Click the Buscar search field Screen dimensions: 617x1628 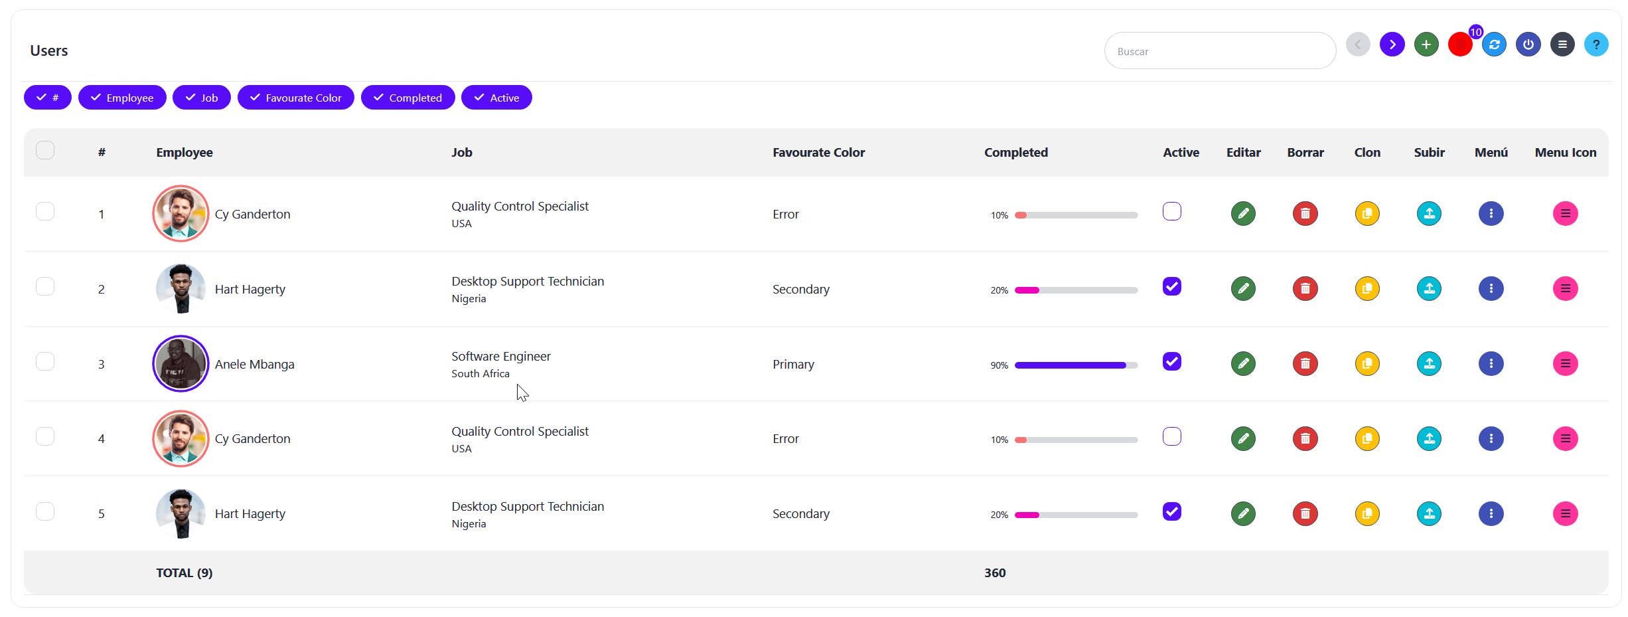coord(1219,51)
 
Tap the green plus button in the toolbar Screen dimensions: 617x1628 coord(1426,44)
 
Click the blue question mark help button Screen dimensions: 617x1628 coord(1596,44)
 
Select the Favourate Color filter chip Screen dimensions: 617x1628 coord(296,98)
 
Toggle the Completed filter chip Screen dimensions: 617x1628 coord(407,98)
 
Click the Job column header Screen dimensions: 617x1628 coord(462,152)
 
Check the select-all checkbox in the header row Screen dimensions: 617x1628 coord(45,150)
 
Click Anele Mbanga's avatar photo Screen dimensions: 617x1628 coord(181,363)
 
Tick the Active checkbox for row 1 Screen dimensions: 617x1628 coord(1172,212)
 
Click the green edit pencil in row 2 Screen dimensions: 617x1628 coord(1243,288)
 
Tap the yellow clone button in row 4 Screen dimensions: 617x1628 coord(1367,438)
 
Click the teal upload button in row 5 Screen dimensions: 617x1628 coord(1429,513)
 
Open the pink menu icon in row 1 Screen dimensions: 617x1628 coord(1565,213)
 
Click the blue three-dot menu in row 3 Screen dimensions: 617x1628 coord(1491,363)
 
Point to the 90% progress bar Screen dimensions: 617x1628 coord(1076,365)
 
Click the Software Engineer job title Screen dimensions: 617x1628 coord(501,356)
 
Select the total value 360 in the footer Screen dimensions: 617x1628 coord(995,573)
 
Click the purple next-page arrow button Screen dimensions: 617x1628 coord(1392,44)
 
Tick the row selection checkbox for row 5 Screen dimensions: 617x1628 coord(45,511)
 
